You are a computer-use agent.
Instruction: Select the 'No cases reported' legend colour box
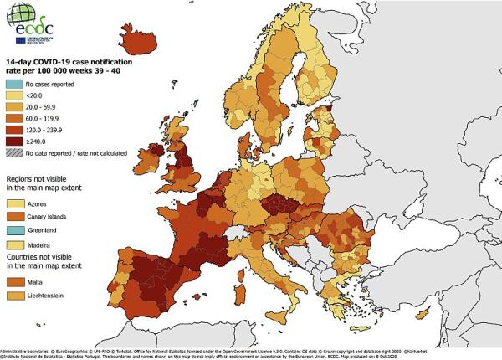14,85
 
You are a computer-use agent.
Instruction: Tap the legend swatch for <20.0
14,97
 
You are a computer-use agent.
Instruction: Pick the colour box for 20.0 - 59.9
14,108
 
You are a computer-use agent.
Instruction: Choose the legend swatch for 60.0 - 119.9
14,120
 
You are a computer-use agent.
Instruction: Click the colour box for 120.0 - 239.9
14,131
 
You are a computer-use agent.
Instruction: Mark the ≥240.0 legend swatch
14,142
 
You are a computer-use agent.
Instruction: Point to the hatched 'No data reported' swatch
14,154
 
